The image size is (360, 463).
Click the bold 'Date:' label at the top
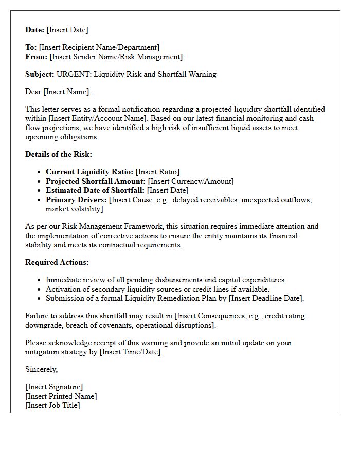click(x=35, y=30)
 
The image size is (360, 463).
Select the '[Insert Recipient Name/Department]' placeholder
click(x=99, y=48)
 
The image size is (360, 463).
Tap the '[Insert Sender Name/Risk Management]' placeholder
click(x=116, y=57)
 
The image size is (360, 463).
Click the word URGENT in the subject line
click(x=73, y=74)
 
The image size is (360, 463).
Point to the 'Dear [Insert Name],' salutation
click(x=58, y=92)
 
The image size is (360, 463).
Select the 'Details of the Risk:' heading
click(x=59, y=154)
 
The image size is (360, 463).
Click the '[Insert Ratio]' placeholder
click(x=157, y=172)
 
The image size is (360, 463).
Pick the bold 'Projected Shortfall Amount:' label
click(x=96, y=181)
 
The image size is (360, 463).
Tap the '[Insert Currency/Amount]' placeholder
click(x=191, y=181)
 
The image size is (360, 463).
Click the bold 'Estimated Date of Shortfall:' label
click(x=95, y=190)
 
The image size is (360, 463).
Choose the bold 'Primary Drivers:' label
click(x=76, y=200)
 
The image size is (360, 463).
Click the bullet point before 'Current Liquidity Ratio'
click(x=40, y=172)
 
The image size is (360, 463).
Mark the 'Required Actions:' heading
click(x=57, y=262)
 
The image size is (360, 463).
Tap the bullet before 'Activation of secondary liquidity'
click(x=40, y=289)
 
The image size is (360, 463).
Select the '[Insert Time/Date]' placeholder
click(x=131, y=352)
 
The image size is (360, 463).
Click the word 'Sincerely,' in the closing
click(x=42, y=369)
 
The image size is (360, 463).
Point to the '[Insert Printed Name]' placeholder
click(x=61, y=396)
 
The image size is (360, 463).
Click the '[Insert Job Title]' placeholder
click(x=53, y=405)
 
